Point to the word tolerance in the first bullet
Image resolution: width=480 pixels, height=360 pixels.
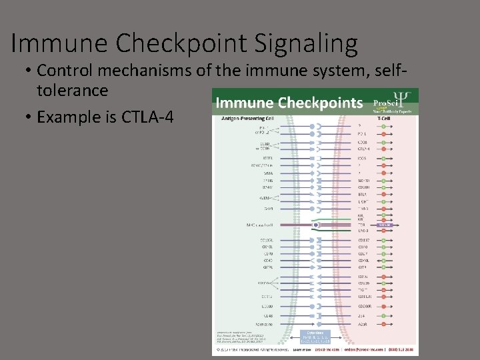coord(73,90)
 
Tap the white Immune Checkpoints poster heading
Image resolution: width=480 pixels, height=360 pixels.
coord(289,103)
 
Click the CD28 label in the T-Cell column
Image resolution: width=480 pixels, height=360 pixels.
coord(363,142)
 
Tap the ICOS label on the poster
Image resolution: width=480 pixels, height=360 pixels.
coord(362,157)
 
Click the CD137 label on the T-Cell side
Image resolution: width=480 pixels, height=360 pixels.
coord(363,240)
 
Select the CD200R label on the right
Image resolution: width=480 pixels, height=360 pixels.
coord(364,306)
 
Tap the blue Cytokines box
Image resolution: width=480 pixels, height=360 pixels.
coord(316,336)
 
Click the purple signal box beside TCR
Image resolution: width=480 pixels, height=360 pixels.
coord(385,225)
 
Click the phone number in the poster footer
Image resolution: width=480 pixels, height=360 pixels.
coord(400,349)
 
